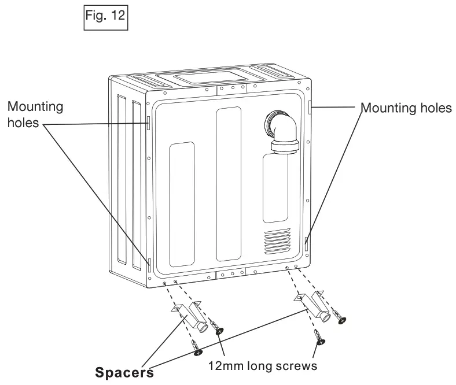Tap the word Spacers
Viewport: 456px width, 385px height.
(124, 372)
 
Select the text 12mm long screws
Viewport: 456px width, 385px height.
(263, 366)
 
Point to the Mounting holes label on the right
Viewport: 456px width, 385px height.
(406, 108)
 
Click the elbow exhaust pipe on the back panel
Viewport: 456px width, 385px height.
(282, 133)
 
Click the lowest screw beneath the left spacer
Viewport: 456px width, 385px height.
(196, 347)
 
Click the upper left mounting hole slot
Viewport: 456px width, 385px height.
(149, 123)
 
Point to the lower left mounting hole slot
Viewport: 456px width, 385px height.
(149, 265)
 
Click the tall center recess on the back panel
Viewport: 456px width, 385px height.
(229, 184)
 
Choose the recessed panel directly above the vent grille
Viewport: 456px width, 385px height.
(275, 188)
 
